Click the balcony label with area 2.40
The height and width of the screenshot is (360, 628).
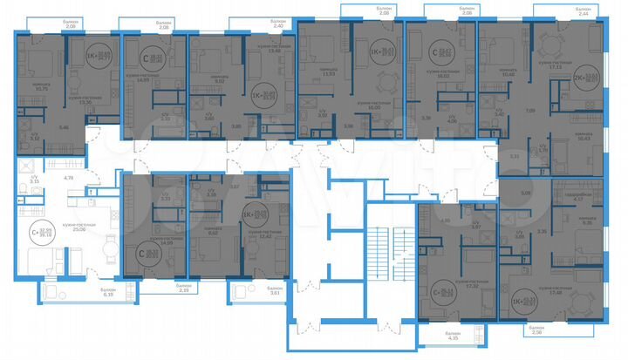(x=276, y=24)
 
